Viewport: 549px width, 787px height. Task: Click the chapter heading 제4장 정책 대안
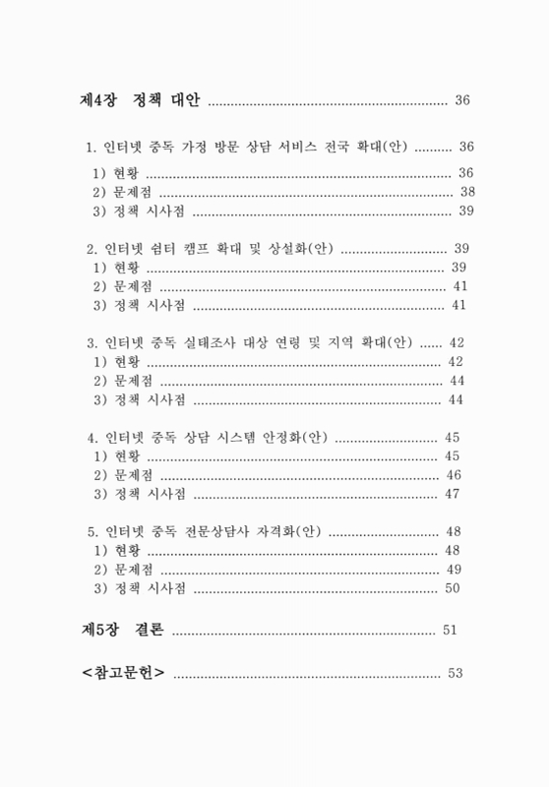tap(140, 100)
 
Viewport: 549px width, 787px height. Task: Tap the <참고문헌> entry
tap(123, 673)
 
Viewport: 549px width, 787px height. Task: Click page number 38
tap(467, 191)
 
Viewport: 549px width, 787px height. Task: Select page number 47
tap(454, 494)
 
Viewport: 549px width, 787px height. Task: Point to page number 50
tap(454, 588)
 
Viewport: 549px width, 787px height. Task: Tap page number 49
tap(455, 570)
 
